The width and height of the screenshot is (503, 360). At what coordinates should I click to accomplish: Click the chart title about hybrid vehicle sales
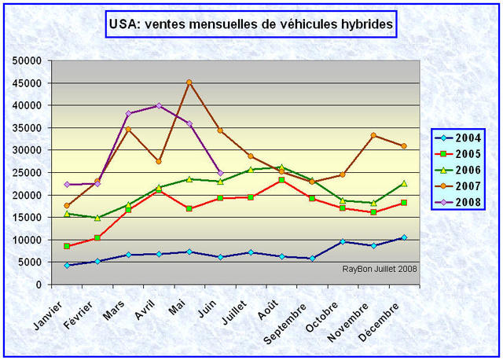click(x=251, y=24)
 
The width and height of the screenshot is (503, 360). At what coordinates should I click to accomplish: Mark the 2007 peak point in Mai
click(x=189, y=82)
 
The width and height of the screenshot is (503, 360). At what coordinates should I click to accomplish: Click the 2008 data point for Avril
click(x=159, y=105)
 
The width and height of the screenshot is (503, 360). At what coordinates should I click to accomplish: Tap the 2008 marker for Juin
click(x=220, y=173)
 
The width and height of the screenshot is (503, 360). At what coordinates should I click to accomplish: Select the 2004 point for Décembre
click(x=404, y=237)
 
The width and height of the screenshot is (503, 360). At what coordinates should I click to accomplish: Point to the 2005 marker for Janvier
click(x=68, y=246)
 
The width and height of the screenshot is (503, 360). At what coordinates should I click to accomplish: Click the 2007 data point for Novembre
click(x=373, y=135)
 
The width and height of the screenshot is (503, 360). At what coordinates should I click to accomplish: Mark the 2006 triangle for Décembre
click(x=404, y=183)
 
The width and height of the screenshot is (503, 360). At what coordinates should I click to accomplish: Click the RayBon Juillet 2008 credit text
click(x=380, y=269)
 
